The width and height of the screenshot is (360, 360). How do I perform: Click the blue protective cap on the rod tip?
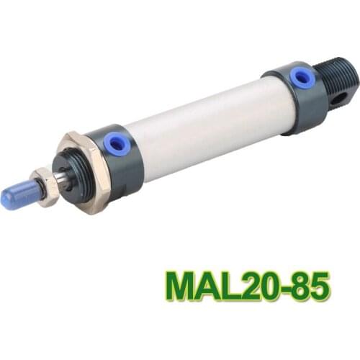pyautogui.click(x=16, y=195)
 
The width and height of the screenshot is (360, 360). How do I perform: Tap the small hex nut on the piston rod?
pyautogui.click(x=45, y=186)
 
